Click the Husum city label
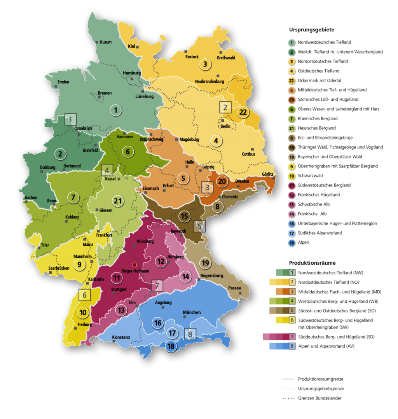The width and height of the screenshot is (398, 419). pos(105,42)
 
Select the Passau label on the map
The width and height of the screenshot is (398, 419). pos(235,288)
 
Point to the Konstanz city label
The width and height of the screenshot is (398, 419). pos(121,337)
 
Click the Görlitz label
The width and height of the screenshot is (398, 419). pos(268,174)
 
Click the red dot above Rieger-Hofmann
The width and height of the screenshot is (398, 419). pos(134,265)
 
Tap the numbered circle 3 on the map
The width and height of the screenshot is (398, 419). pos(205,64)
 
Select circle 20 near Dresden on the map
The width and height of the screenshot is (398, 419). pos(222,182)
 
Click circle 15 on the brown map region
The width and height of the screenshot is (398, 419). pos(185,216)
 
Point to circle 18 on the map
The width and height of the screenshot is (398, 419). pos(171,346)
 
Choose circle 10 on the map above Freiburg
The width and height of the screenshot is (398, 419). pos(83,312)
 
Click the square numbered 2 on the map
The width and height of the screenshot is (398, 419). pos(225,107)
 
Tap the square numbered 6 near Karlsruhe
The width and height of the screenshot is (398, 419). pos(84,295)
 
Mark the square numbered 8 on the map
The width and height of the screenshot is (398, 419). pos(190,334)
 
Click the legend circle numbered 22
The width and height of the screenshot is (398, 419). pos(292,80)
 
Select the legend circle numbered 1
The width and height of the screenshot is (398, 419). pos(292,42)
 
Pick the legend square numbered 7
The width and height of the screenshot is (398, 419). pos(292,337)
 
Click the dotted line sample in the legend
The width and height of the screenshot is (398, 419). pos(288,398)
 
